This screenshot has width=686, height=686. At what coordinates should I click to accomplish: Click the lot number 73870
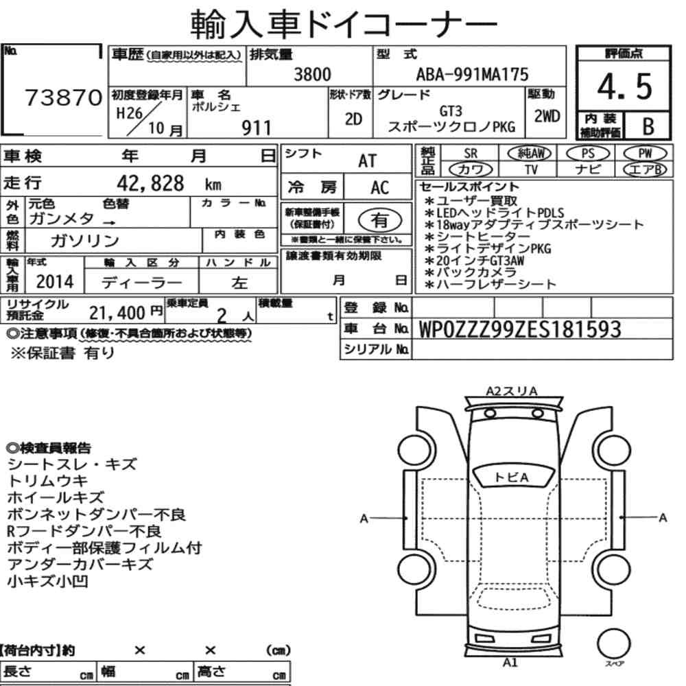[x=64, y=97]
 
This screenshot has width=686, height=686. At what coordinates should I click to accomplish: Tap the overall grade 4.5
[x=624, y=86]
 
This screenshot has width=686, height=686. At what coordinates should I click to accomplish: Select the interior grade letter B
[x=648, y=126]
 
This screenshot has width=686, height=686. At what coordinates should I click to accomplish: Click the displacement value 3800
[x=312, y=74]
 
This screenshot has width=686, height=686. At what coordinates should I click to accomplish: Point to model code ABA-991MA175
[x=472, y=74]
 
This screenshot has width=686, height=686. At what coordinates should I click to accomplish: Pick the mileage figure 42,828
[x=150, y=183]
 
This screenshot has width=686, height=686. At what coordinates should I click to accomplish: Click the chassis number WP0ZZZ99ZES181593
[x=520, y=329]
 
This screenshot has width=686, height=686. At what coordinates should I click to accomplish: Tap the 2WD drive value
[x=547, y=117]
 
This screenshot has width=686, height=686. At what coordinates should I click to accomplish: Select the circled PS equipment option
[x=588, y=154]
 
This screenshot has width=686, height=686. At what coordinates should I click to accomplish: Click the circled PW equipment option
[x=645, y=154]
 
